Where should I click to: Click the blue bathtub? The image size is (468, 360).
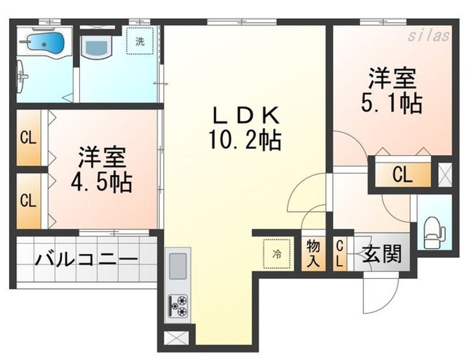tap(45, 44)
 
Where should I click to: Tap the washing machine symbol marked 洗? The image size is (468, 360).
tap(140, 40)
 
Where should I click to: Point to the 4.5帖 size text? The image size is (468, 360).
tap(102, 182)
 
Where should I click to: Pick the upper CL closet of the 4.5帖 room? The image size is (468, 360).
tap(27, 138)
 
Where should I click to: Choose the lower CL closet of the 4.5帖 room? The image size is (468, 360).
tap(27, 200)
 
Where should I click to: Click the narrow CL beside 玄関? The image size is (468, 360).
tap(340, 253)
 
